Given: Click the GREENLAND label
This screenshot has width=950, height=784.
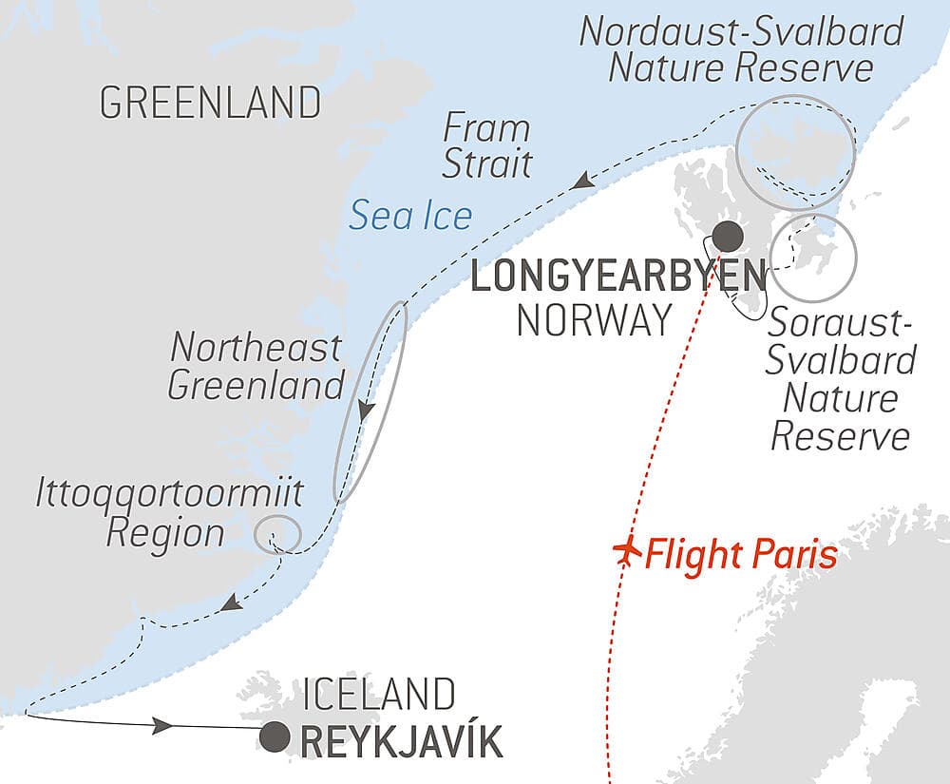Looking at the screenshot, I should tap(210, 103).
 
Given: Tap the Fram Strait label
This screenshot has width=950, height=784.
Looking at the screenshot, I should tap(486, 146).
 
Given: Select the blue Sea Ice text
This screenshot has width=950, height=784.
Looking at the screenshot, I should tap(410, 217).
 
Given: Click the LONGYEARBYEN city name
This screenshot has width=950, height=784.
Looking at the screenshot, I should tap(617, 278).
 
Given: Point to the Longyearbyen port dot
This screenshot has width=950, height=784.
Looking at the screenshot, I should tap(729, 235).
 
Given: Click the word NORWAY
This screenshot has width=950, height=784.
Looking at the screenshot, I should tap(594, 320).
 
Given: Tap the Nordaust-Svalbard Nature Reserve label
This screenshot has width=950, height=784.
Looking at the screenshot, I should tap(741, 49).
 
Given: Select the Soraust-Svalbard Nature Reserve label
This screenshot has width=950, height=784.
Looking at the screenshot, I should tap(841, 380).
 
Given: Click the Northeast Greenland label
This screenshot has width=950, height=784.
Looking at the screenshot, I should tap(256, 367).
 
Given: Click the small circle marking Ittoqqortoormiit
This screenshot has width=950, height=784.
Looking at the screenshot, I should tap(278, 533).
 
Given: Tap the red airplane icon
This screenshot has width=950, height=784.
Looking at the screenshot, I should tap(624, 552).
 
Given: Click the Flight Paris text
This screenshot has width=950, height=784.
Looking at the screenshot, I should tap(741, 553).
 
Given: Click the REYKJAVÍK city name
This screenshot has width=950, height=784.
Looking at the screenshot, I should tap(401, 740).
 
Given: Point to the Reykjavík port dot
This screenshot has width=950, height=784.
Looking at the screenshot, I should tap(275, 736).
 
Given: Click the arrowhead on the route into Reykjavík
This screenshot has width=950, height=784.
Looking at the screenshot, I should tap(162, 726).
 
